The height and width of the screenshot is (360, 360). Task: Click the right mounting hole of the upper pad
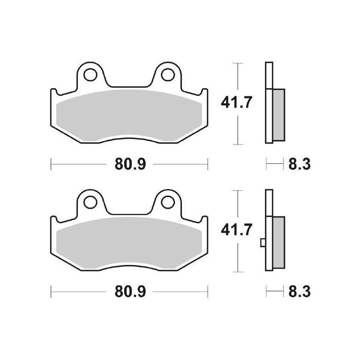coord(167,75)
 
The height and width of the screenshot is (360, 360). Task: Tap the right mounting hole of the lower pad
coord(167,202)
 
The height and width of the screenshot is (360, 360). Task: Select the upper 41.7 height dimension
coord(237,103)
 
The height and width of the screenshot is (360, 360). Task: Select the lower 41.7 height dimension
coord(237,230)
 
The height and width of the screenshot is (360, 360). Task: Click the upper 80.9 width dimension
coord(130,164)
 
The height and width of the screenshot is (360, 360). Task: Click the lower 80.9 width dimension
coord(130,292)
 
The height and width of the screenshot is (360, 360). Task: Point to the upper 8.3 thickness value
coord(299,164)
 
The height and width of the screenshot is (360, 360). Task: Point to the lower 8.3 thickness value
coord(299,292)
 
